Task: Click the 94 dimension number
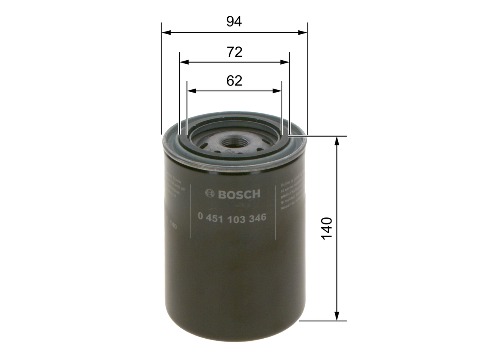234,22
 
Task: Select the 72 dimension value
234,52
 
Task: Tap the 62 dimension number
234,81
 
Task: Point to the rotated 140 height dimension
327,228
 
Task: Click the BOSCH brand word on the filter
239,194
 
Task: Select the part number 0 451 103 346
232,217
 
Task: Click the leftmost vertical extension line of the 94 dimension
161,79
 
